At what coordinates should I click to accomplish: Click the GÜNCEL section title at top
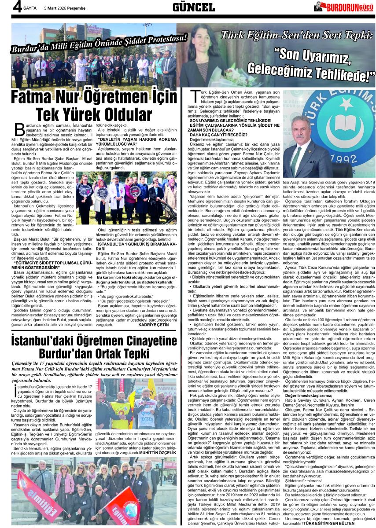(193, 7)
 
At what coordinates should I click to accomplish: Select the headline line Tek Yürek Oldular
(94, 114)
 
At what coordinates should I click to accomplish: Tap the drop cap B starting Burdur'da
(19, 130)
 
